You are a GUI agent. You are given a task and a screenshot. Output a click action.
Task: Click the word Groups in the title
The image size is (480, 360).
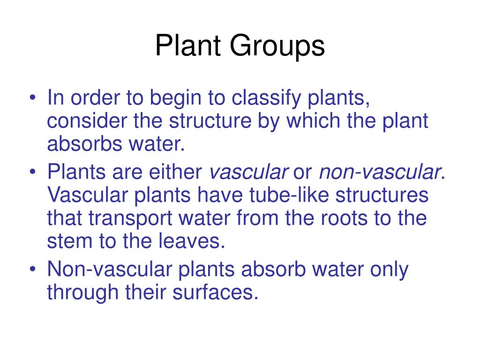[x=277, y=47]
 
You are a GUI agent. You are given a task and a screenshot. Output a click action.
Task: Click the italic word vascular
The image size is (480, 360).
[x=248, y=173]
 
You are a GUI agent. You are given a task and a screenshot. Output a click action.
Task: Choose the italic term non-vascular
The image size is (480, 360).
[x=379, y=173]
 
